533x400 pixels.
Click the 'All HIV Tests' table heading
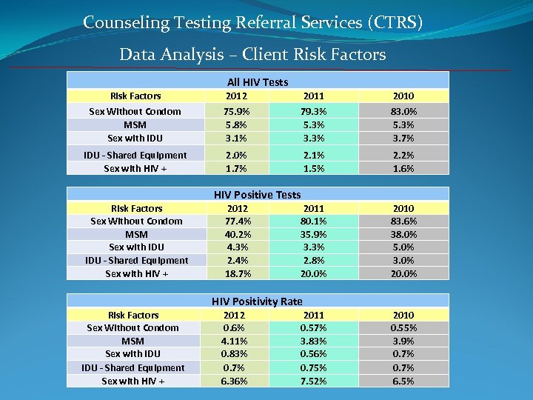257,82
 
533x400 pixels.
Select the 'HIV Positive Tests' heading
257,195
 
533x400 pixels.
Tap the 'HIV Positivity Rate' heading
257,301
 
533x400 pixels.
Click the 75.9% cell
236,112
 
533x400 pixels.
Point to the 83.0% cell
404,112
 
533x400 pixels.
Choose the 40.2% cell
236,234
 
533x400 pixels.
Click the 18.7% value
236,273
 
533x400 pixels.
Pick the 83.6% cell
404,221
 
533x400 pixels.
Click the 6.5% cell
404,381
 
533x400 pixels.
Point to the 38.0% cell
404,234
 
